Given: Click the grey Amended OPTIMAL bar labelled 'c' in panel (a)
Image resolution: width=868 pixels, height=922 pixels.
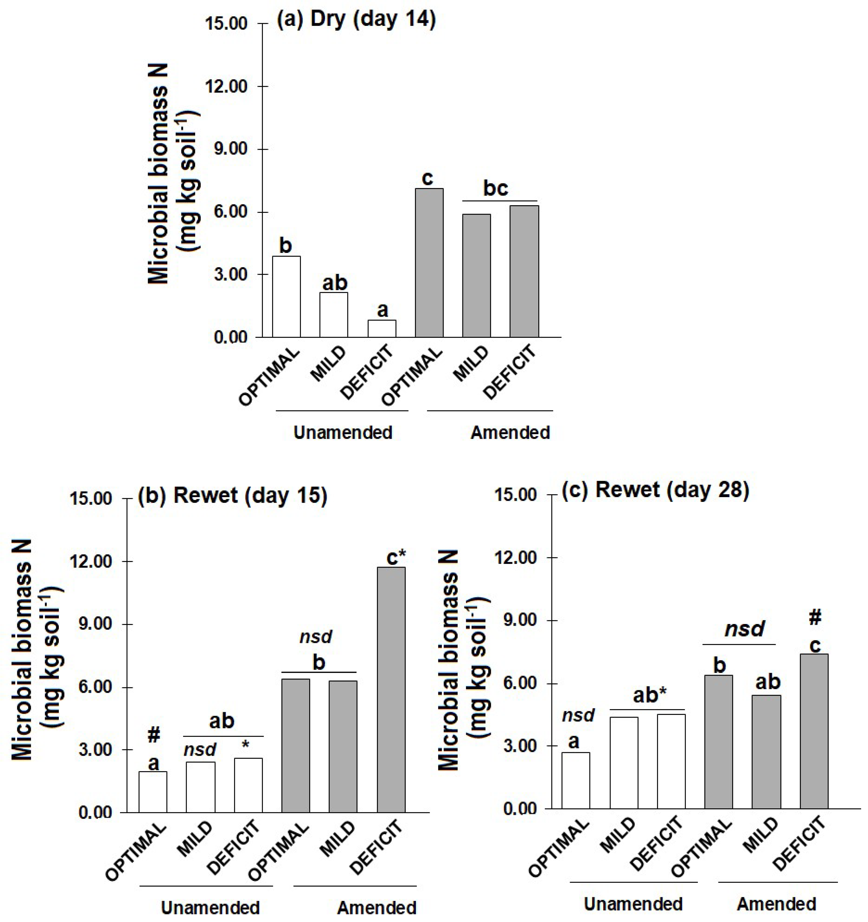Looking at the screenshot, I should click(x=429, y=262).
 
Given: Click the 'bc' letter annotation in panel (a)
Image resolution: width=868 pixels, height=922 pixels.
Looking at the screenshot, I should click(x=496, y=188).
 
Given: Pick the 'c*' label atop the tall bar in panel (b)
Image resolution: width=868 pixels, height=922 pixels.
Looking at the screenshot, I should click(x=396, y=558).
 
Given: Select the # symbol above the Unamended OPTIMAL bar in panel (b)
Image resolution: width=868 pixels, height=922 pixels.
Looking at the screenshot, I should click(x=154, y=735).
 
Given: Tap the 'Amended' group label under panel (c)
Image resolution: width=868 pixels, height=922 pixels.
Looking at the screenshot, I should click(x=776, y=904).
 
